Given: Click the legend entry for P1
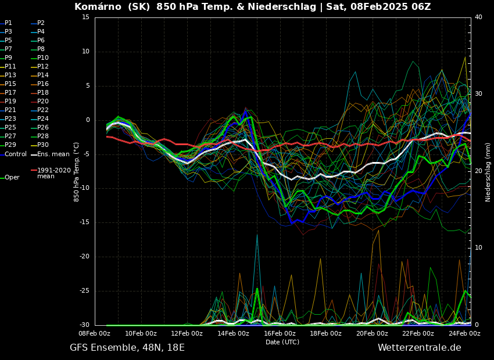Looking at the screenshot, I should (8, 23).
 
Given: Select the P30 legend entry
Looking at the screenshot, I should (43, 145).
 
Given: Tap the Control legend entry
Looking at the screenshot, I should (16, 154).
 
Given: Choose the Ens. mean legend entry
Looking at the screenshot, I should (53, 154).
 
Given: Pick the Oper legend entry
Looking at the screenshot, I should (12, 178).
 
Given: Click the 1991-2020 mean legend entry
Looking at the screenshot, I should (53, 173).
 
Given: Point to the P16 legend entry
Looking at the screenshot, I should (43, 84).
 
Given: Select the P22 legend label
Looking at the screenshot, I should (43, 110).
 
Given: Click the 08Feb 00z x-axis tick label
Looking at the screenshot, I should (95, 333).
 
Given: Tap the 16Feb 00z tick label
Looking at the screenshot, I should (280, 333).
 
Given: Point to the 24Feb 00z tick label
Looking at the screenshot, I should (464, 333).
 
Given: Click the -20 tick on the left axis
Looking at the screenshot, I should (85, 257).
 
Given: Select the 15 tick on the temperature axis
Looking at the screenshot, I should (86, 17).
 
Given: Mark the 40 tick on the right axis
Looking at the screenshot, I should (478, 17).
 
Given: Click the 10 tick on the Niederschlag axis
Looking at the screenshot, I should (478, 248).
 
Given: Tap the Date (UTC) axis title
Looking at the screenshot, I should (282, 342).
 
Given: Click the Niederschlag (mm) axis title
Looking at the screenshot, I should (488, 172).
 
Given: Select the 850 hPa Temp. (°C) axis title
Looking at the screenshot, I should (76, 172).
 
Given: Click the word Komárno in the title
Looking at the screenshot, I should (95, 7).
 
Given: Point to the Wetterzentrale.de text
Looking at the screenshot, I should (419, 348).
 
